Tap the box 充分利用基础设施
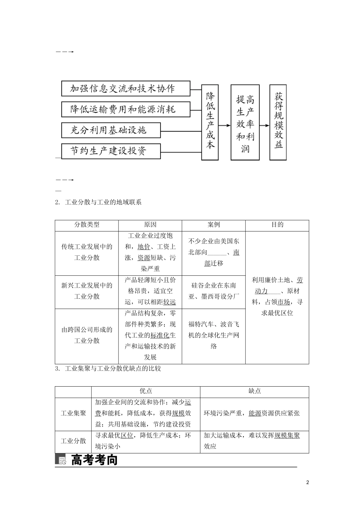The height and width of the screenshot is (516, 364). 111,130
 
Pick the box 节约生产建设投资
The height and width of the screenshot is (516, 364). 111,150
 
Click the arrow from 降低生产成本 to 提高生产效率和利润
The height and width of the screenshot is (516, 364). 225,125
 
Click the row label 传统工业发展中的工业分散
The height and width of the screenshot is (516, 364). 87,253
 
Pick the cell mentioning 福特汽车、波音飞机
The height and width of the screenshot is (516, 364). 213,335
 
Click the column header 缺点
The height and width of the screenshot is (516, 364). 254,392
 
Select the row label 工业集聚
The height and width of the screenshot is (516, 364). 73,413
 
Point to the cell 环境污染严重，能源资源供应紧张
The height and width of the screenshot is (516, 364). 254,413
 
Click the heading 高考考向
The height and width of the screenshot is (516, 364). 94,460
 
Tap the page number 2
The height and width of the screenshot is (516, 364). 307,482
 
